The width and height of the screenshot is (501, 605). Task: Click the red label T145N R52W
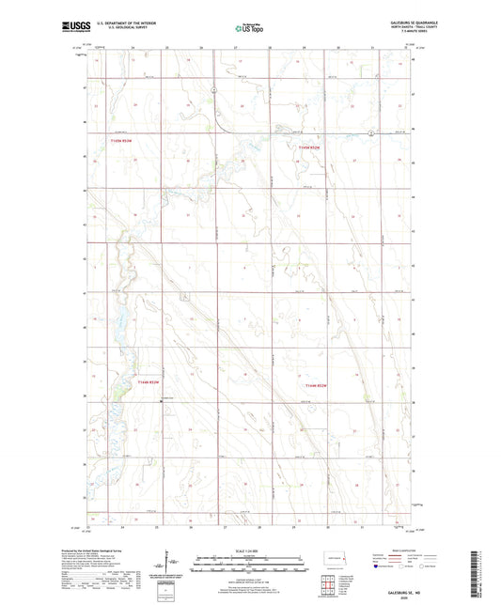point(309,147)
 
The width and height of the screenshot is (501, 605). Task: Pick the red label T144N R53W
point(149,382)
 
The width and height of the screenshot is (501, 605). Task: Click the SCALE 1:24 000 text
point(248,551)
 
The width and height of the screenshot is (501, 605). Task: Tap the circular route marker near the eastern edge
point(371,133)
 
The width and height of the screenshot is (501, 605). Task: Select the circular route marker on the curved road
point(214,91)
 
